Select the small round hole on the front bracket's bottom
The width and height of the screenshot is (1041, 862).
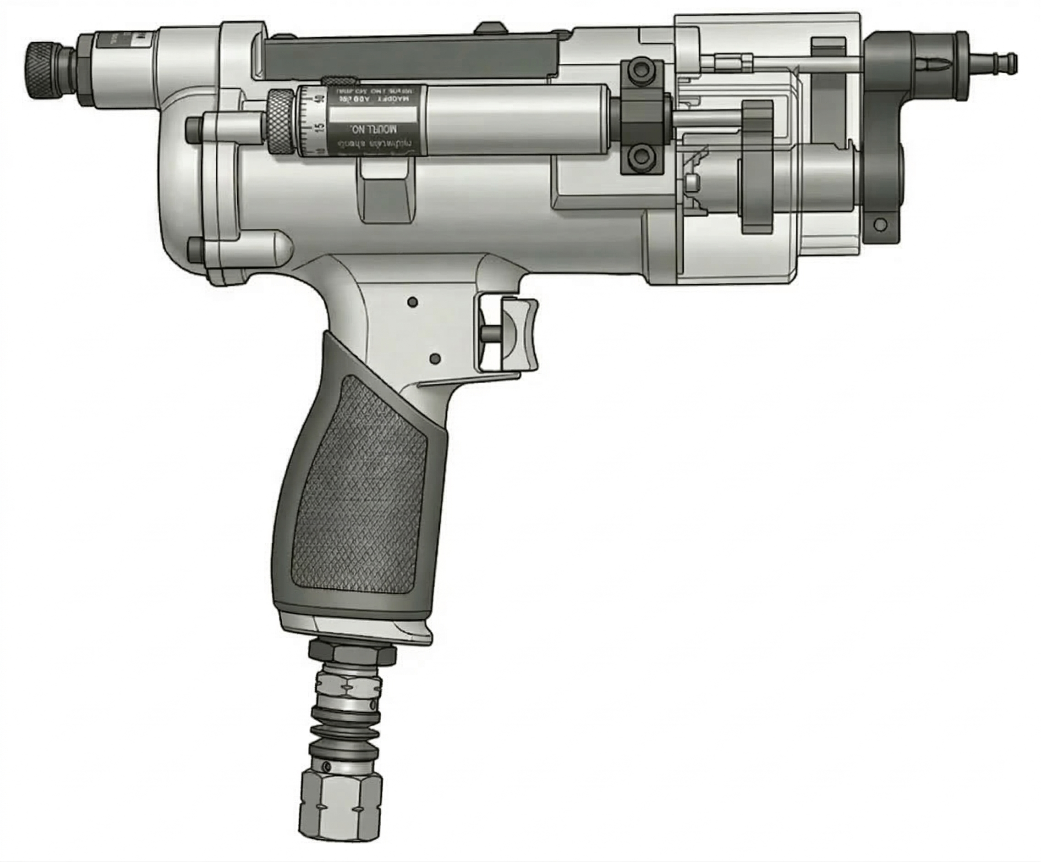pos(880,224)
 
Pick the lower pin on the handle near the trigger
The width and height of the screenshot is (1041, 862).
pos(436,358)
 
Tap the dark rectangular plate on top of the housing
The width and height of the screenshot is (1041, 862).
pos(411,55)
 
